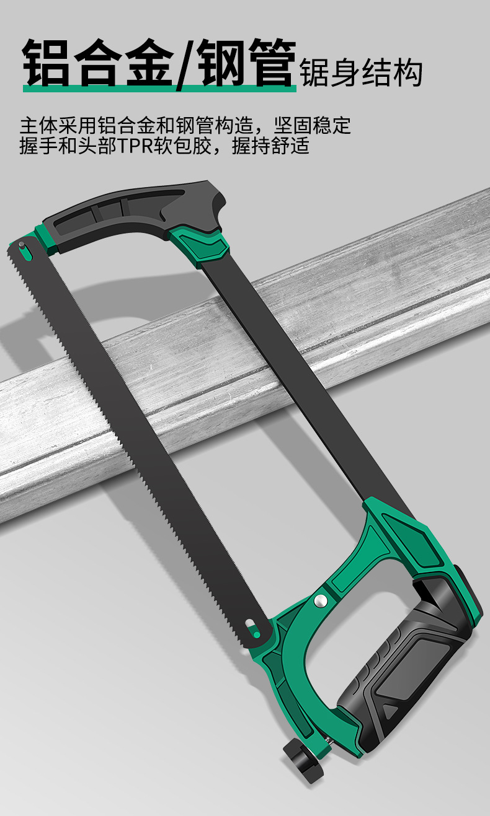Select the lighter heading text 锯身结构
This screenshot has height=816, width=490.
[x=361, y=72]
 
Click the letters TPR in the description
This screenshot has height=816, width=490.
[x=134, y=146]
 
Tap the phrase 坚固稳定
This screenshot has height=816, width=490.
[x=312, y=126]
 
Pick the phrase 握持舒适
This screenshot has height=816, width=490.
[x=270, y=146]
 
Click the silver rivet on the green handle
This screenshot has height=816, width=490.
[x=321, y=600]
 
